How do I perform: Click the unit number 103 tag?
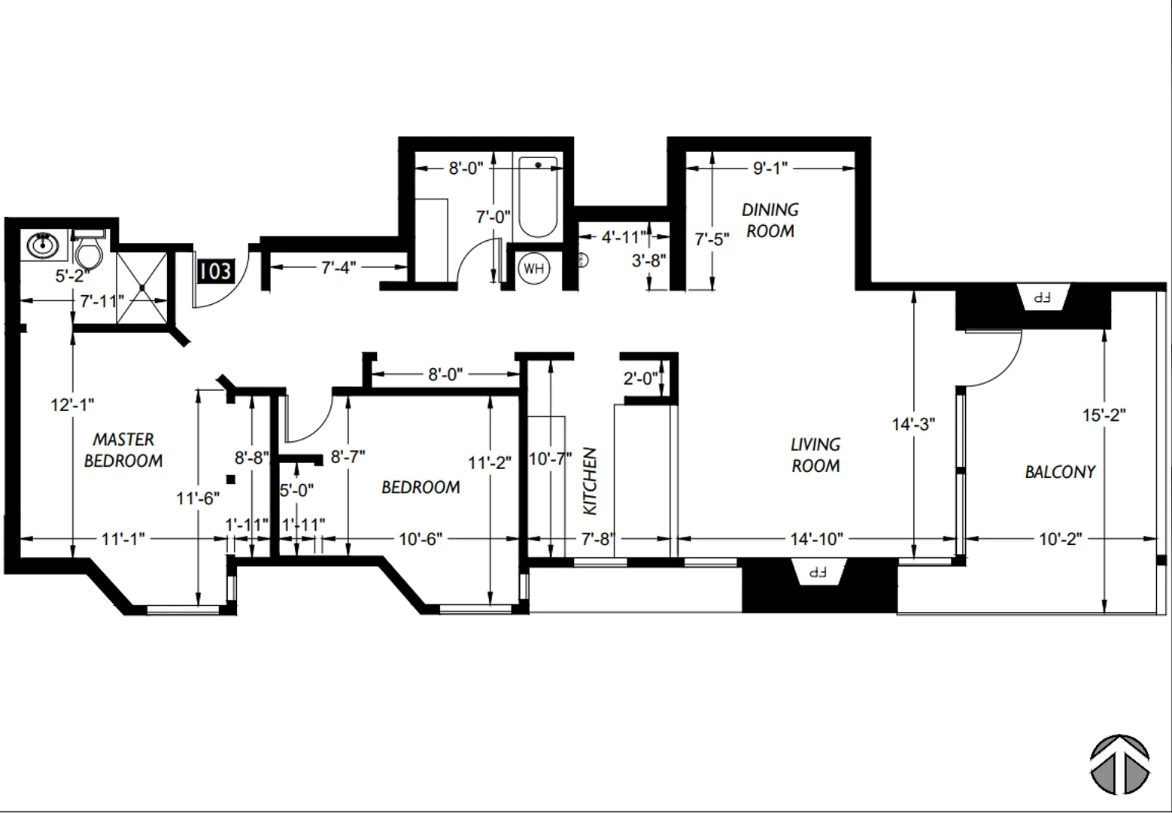(x=215, y=271)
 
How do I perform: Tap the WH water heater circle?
(x=533, y=269)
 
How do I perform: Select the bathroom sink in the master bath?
(x=43, y=245)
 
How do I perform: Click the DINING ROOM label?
(x=770, y=221)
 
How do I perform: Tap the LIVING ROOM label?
(x=815, y=455)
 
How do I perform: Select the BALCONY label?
(x=1060, y=472)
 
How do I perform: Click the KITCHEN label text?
(x=589, y=481)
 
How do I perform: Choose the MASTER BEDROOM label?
(x=123, y=450)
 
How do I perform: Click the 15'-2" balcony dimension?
(x=1104, y=415)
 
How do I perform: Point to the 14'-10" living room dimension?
(x=817, y=539)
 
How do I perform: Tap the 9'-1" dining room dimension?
(x=770, y=168)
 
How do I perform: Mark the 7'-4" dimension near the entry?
(x=339, y=267)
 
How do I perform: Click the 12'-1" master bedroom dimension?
(x=72, y=405)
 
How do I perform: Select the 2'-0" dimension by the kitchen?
(x=640, y=378)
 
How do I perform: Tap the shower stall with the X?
(x=141, y=288)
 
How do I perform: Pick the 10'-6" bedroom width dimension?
(x=421, y=539)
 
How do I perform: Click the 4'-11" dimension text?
(x=624, y=237)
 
